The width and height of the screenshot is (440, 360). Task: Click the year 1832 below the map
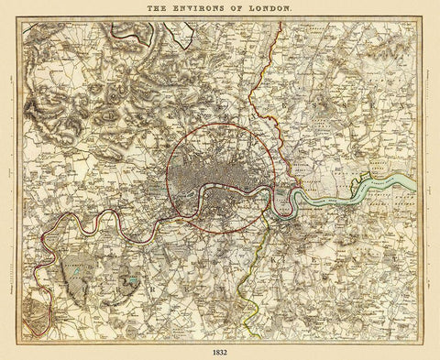(220, 351)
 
